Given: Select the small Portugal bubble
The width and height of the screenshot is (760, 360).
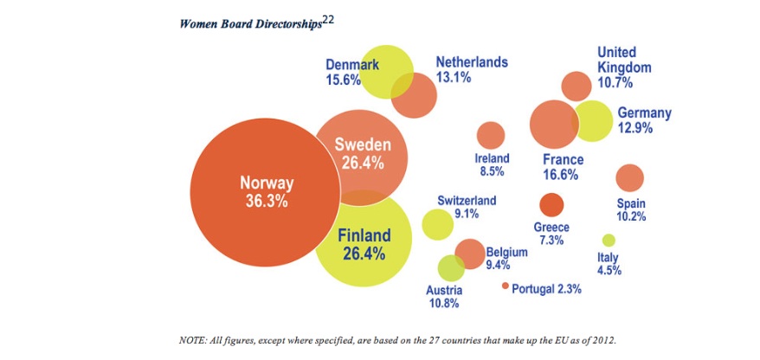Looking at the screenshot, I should click(506, 286).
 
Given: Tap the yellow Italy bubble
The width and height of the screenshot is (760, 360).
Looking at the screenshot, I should click(609, 240).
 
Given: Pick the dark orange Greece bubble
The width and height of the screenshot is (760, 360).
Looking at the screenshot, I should click(551, 205).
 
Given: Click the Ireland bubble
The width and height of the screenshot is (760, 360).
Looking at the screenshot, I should click(491, 136).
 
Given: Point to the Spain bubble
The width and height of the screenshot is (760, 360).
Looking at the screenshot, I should click(629, 177).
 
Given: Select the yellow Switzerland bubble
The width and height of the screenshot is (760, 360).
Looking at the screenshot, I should click(437, 224).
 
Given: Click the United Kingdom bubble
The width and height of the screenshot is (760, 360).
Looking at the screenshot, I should click(576, 86).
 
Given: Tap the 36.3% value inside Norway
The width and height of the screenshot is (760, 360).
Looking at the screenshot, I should click(267, 201).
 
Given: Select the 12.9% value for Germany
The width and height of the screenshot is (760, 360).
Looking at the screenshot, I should click(635, 128).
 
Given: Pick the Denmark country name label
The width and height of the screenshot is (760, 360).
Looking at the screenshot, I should click(352, 64).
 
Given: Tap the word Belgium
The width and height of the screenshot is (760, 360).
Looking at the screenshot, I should click(507, 252).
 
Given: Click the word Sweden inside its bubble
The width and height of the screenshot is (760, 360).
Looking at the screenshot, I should click(363, 145).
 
